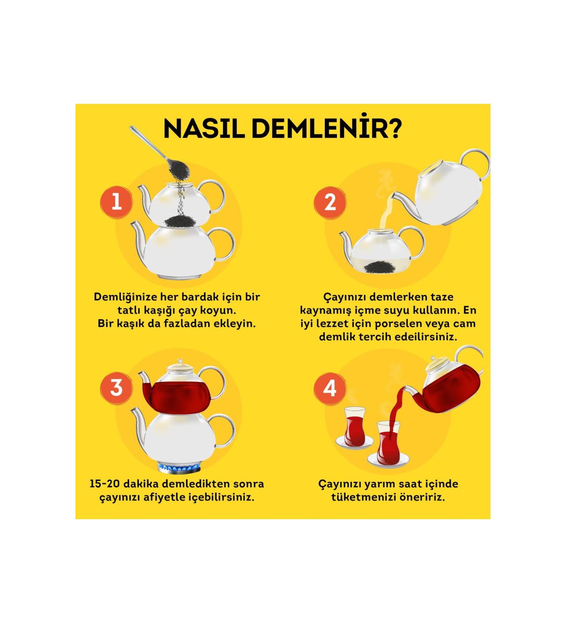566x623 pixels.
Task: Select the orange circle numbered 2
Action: pyautogui.click(x=330, y=202)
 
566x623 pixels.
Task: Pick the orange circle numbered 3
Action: pyautogui.click(x=117, y=387)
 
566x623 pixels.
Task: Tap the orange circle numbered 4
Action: pyautogui.click(x=330, y=388)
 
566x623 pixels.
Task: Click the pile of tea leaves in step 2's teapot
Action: pyautogui.click(x=380, y=267)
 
